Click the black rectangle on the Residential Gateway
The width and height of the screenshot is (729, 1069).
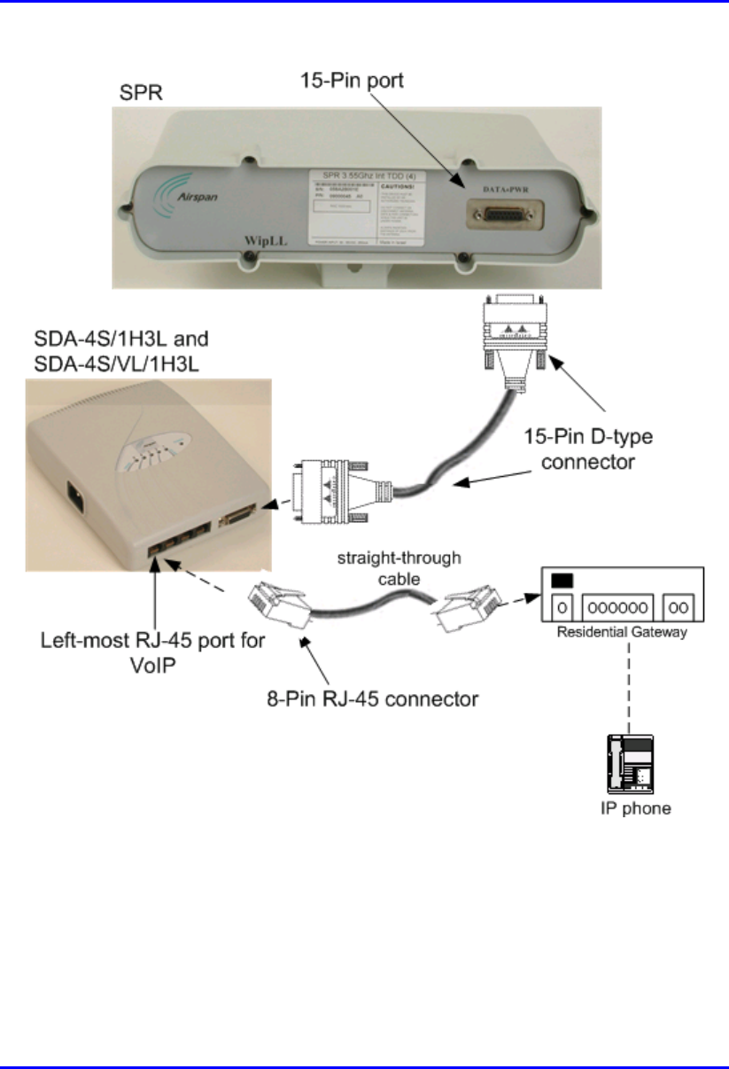562,581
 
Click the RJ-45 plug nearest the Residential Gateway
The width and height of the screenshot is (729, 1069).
469,602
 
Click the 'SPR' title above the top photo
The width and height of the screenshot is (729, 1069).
138,93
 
